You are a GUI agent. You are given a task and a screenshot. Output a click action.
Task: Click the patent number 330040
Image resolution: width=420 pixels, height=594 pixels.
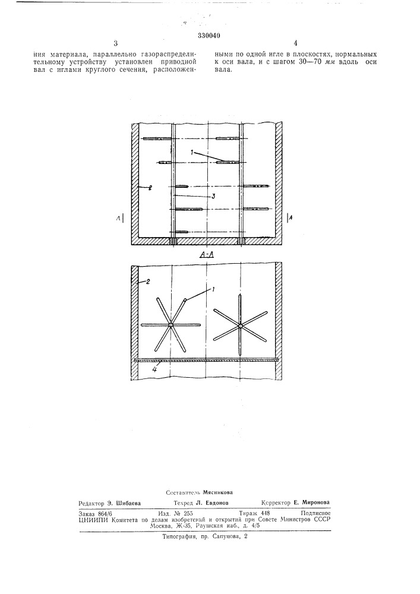209,36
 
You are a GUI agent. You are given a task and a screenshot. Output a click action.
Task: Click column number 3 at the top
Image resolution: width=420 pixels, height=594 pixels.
116,43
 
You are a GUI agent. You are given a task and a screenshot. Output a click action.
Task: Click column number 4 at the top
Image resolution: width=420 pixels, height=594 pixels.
295,43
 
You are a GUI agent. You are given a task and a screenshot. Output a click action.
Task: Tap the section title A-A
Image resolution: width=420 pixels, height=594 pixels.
207,255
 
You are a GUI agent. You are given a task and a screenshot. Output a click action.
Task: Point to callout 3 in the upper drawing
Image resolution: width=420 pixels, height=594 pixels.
214,196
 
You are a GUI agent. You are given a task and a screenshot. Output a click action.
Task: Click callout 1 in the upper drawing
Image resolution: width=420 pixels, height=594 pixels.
192,152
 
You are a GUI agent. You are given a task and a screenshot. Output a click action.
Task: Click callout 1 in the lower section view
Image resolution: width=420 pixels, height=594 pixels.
213,289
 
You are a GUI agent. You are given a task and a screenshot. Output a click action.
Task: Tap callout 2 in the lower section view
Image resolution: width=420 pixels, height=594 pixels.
149,282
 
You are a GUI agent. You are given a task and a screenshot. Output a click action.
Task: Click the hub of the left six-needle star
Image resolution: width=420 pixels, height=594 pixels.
171,325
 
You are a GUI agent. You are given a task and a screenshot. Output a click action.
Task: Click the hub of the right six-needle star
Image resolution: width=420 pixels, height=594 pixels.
240,325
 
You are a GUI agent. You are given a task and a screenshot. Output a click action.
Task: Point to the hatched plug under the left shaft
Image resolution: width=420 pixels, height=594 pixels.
173,241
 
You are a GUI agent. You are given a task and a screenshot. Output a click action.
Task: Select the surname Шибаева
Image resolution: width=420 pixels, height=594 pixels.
129,503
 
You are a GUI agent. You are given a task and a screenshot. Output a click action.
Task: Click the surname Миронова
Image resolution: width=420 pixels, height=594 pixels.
316,503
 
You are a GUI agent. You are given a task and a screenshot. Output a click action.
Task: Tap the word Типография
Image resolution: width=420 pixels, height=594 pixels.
178,537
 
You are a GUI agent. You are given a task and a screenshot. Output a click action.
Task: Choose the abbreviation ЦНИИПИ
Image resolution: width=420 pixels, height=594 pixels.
90,520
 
